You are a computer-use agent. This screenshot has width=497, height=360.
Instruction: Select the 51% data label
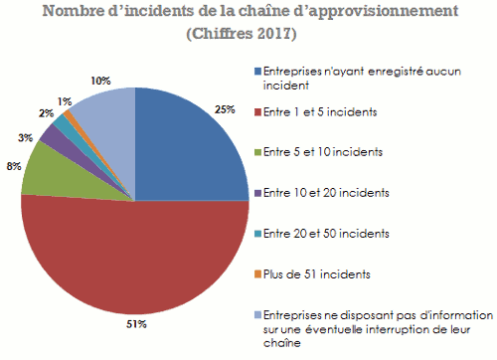(136, 323)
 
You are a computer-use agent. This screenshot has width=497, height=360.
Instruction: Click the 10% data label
(100, 79)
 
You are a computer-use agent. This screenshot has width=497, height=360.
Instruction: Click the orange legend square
(258, 271)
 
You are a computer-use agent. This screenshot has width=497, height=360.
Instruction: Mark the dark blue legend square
(258, 72)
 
